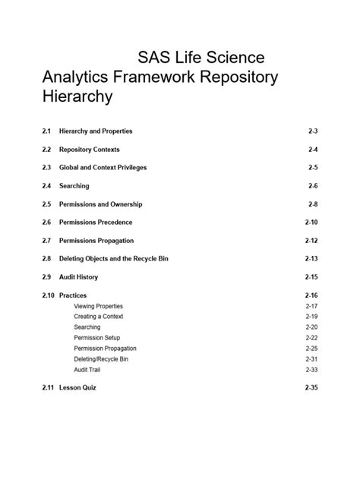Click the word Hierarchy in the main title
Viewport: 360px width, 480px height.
tap(77, 97)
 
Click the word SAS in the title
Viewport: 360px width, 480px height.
tap(156, 58)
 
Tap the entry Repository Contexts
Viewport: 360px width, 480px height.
tap(89, 150)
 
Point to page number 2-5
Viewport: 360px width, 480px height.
tap(312, 168)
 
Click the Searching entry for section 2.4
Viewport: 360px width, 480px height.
tap(74, 186)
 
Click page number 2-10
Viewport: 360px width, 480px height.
tap(311, 223)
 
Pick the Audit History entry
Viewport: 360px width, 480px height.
tap(78, 277)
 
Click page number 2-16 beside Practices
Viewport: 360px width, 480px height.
tap(311, 295)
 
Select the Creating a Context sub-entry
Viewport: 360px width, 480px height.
tap(98, 317)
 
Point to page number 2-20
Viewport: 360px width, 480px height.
tap(311, 327)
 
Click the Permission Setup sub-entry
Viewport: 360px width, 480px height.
tap(96, 338)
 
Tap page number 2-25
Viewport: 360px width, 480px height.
tap(311, 349)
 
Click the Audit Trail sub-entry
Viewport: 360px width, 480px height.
tap(87, 370)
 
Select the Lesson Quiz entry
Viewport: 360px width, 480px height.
tap(77, 388)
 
